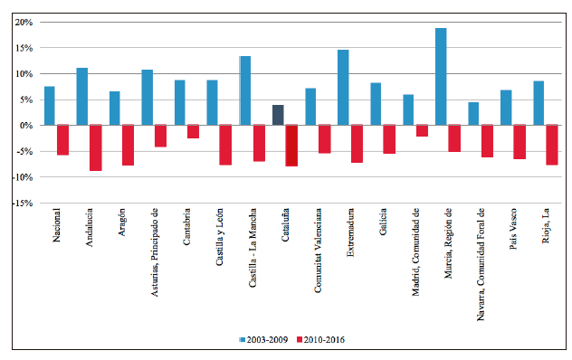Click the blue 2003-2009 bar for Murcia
tap(441, 77)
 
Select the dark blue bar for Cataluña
tap(278, 115)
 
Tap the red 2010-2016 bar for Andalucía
tap(95, 147)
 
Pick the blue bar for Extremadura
tap(343, 88)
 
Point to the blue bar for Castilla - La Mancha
tap(245, 90)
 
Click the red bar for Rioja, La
tap(551, 145)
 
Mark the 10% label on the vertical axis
tap(24, 73)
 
